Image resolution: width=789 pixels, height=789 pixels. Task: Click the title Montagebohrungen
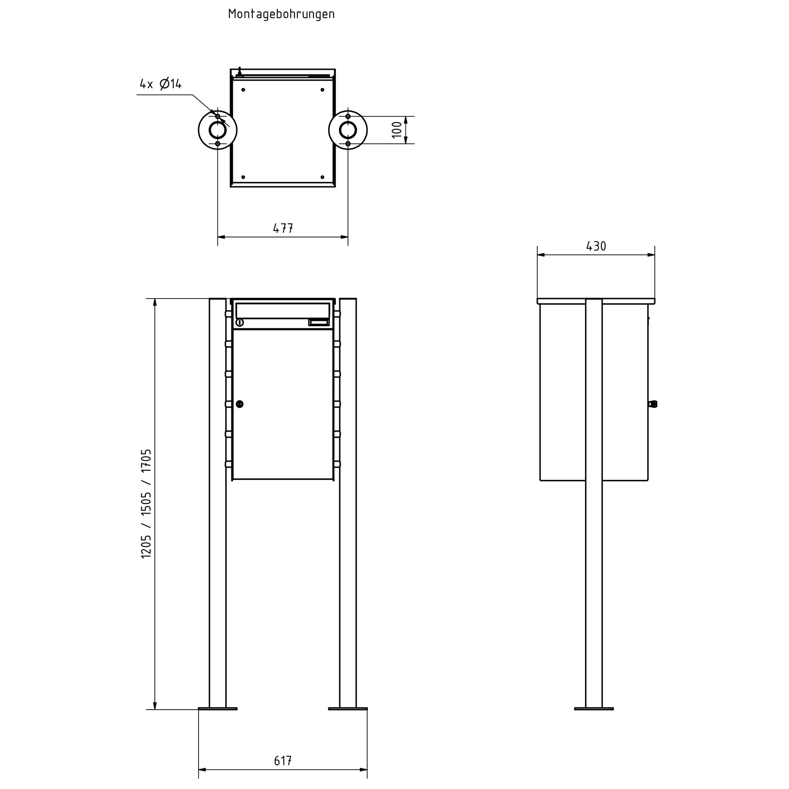(281, 14)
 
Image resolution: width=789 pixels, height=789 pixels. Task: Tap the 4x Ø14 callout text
(160, 84)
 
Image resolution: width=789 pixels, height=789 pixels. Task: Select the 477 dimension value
(283, 228)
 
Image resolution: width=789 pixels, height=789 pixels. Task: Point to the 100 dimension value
(396, 130)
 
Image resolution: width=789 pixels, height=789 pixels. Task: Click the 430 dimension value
(596, 247)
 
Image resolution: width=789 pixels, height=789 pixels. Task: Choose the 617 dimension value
(283, 761)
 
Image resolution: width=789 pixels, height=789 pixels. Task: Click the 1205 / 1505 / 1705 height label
(146, 503)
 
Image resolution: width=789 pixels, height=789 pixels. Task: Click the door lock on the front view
(239, 404)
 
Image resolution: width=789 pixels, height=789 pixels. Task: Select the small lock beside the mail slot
(239, 323)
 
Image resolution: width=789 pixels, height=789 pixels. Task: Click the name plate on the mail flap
(318, 323)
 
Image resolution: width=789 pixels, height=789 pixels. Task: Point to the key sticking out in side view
(653, 404)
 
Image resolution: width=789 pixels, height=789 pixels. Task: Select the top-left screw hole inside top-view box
(243, 90)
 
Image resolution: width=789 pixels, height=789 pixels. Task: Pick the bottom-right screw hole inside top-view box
(322, 177)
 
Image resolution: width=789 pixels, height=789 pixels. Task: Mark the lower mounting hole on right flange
(348, 144)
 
